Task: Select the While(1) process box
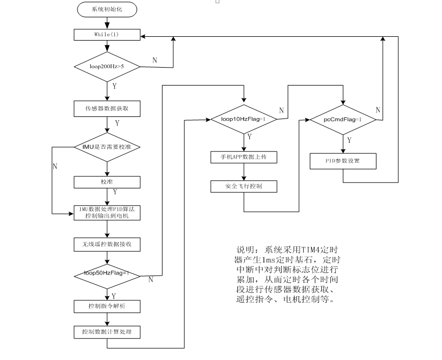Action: tap(107, 34)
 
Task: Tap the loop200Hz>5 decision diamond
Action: tap(107, 67)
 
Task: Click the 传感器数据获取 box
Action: tap(107, 109)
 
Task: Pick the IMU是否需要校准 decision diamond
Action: tap(107, 147)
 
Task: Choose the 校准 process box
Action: tap(107, 181)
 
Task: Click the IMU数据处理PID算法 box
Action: tap(107, 212)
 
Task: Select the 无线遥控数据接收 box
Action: tap(107, 244)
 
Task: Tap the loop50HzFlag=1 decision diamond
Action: tap(107, 273)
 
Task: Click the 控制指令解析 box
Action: tap(107, 306)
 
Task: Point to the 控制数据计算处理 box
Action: tap(107, 331)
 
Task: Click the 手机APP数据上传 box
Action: tap(244, 157)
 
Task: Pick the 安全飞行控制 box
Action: tap(244, 186)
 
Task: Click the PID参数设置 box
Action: tap(342, 161)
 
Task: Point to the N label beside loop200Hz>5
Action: tap(154, 60)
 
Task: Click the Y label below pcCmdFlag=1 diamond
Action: tap(349, 140)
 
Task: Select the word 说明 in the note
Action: tap(244, 250)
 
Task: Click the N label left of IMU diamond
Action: tap(55, 166)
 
